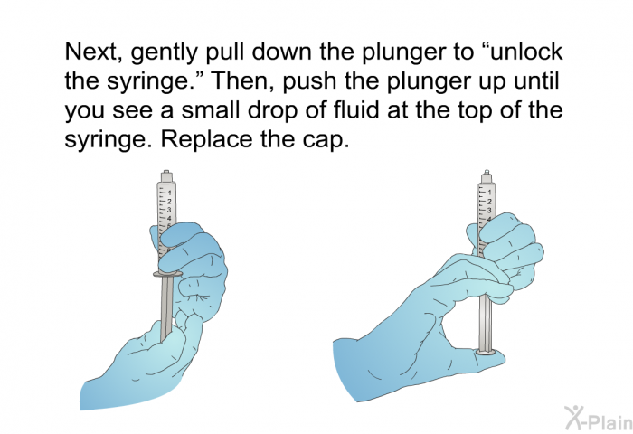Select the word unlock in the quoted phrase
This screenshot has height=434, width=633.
(x=522, y=52)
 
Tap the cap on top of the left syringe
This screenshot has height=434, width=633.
(x=165, y=175)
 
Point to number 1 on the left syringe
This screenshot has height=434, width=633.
(x=170, y=193)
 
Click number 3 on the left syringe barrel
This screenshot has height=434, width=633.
(x=170, y=210)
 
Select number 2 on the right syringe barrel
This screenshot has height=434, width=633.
(x=490, y=202)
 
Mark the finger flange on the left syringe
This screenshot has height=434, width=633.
(x=167, y=271)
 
